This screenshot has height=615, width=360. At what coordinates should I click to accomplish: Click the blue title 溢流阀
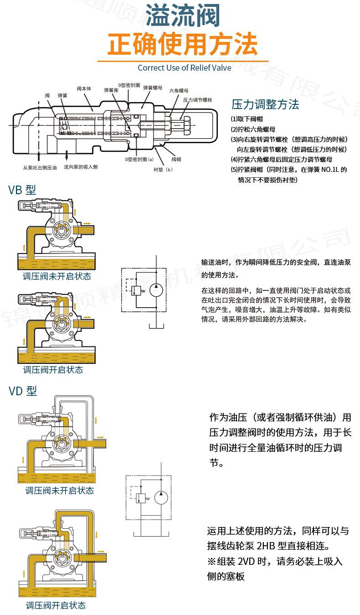[x=183, y=16]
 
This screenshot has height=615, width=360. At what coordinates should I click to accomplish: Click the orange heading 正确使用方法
[x=182, y=44]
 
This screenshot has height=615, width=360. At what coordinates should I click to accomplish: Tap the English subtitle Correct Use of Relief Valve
[x=185, y=68]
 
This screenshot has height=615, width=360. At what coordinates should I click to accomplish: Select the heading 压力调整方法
[x=265, y=104]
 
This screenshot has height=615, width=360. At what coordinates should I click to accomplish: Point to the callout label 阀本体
[x=84, y=89]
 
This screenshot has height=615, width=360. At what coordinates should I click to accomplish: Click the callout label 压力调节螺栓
[x=198, y=100]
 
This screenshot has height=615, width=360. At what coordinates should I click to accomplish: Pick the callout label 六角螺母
[x=179, y=90]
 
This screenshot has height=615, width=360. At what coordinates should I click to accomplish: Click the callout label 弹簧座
[x=111, y=90]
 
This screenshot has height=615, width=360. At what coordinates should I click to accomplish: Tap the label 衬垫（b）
[x=163, y=170]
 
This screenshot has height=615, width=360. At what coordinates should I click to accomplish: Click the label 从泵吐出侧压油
[x=40, y=167]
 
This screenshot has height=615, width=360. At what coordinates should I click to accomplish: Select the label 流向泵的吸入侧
[x=81, y=167]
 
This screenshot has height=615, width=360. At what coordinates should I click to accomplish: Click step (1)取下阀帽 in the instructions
[x=247, y=119]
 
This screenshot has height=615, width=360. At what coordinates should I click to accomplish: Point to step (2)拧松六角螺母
[x=253, y=129]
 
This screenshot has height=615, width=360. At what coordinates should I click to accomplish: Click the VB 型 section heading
[x=22, y=190]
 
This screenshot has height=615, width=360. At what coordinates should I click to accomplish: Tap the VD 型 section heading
[x=23, y=391]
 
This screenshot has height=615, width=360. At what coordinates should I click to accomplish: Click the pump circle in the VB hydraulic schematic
[x=156, y=290]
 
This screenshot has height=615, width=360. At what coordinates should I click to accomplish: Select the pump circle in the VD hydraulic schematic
[x=161, y=497]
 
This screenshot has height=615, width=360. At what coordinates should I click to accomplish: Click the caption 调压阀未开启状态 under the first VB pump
[x=57, y=276]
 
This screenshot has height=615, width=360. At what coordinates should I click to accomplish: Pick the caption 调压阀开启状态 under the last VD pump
[x=56, y=605]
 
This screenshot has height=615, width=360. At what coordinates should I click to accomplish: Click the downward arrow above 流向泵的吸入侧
[x=67, y=155]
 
